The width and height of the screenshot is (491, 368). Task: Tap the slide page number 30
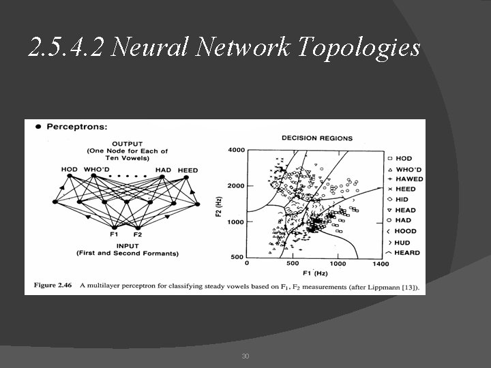[245, 356]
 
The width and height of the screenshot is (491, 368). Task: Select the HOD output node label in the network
[69, 170]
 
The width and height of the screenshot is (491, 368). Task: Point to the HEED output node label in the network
[188, 170]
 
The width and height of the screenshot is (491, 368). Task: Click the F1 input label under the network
[114, 234]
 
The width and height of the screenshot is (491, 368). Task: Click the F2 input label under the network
[138, 234]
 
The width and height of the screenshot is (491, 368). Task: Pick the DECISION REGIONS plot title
[317, 138]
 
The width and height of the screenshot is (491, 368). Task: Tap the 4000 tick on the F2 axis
[236, 150]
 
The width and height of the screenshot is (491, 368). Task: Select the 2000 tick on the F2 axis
[236, 185]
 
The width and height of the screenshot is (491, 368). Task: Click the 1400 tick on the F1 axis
[381, 263]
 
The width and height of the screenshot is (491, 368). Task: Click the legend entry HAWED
[409, 179]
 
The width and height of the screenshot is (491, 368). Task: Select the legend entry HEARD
[408, 253]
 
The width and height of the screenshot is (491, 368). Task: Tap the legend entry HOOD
[406, 232]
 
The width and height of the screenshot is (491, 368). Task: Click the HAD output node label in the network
[163, 170]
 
